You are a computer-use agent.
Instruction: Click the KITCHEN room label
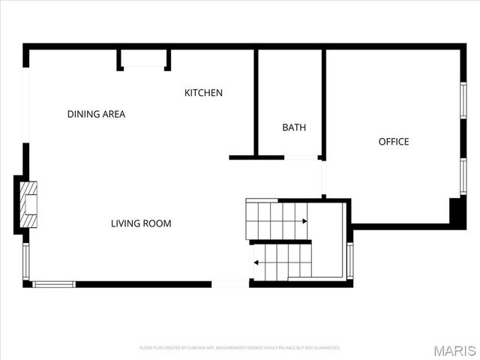pyautogui.click(x=203, y=93)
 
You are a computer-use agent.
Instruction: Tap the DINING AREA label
pyautogui.click(x=96, y=115)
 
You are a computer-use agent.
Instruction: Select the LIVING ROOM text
pyautogui.click(x=141, y=223)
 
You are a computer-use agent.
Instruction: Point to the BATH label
pyautogui.click(x=294, y=127)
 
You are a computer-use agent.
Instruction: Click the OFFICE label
pyautogui.click(x=394, y=142)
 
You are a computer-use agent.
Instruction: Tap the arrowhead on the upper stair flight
pyautogui.click(x=304, y=221)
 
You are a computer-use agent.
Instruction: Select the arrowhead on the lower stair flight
pyautogui.click(x=256, y=262)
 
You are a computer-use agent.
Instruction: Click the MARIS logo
pyautogui.click(x=454, y=350)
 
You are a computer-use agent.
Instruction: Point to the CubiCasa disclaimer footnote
pyautogui.click(x=240, y=348)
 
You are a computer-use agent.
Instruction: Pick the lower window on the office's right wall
pyautogui.click(x=463, y=176)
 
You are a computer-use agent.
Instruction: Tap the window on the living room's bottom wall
pyautogui.click(x=54, y=284)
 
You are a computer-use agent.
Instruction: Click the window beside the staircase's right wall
pyautogui.click(x=349, y=260)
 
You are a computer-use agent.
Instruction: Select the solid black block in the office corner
pyautogui.click(x=457, y=211)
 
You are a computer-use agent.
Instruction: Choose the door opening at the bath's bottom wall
pyautogui.click(x=301, y=157)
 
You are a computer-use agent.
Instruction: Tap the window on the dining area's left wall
pyautogui.click(x=26, y=105)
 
